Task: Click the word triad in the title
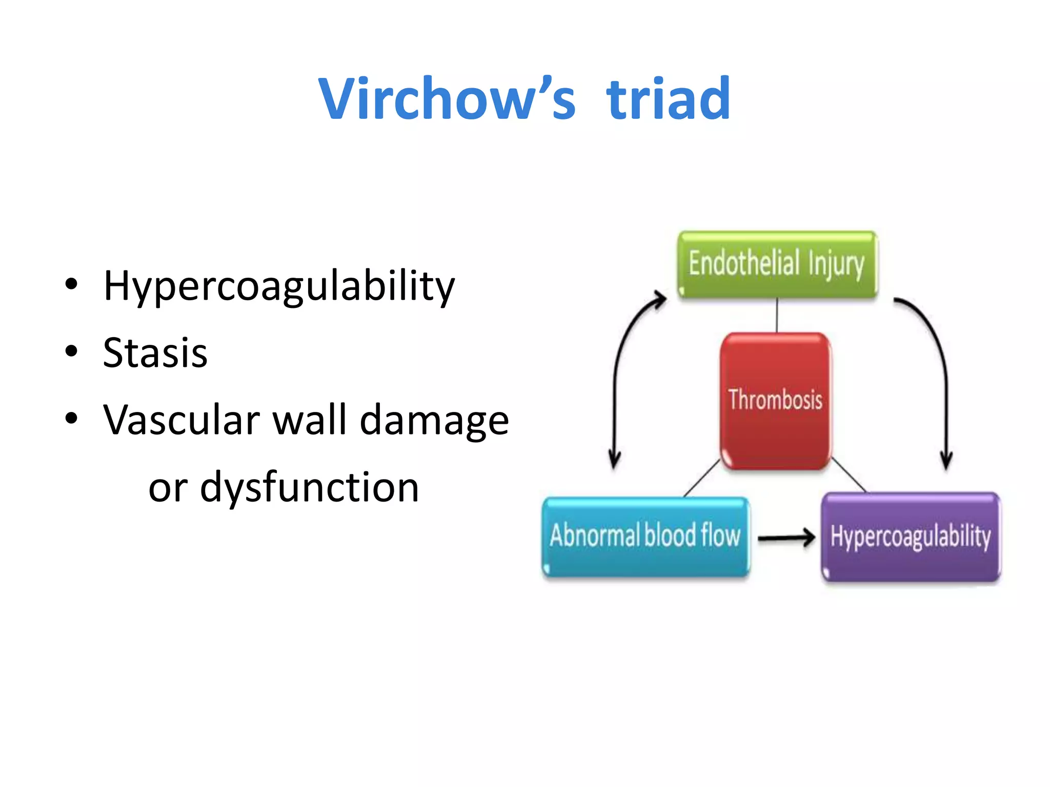[x=669, y=98]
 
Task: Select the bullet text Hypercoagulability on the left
[x=279, y=286]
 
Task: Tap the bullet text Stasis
[x=155, y=353]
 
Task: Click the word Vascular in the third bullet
[x=181, y=420]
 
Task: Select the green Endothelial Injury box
[x=777, y=264]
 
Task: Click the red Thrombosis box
[x=775, y=401]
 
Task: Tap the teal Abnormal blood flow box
[x=645, y=536]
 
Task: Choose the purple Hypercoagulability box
[x=911, y=537]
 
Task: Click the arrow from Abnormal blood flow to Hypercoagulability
[x=785, y=538]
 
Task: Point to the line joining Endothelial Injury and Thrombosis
[x=777, y=316]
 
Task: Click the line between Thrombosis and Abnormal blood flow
[x=701, y=479]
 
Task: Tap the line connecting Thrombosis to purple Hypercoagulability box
[x=849, y=475]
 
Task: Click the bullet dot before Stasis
[x=71, y=351]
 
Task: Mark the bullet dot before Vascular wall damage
[x=71, y=418]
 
